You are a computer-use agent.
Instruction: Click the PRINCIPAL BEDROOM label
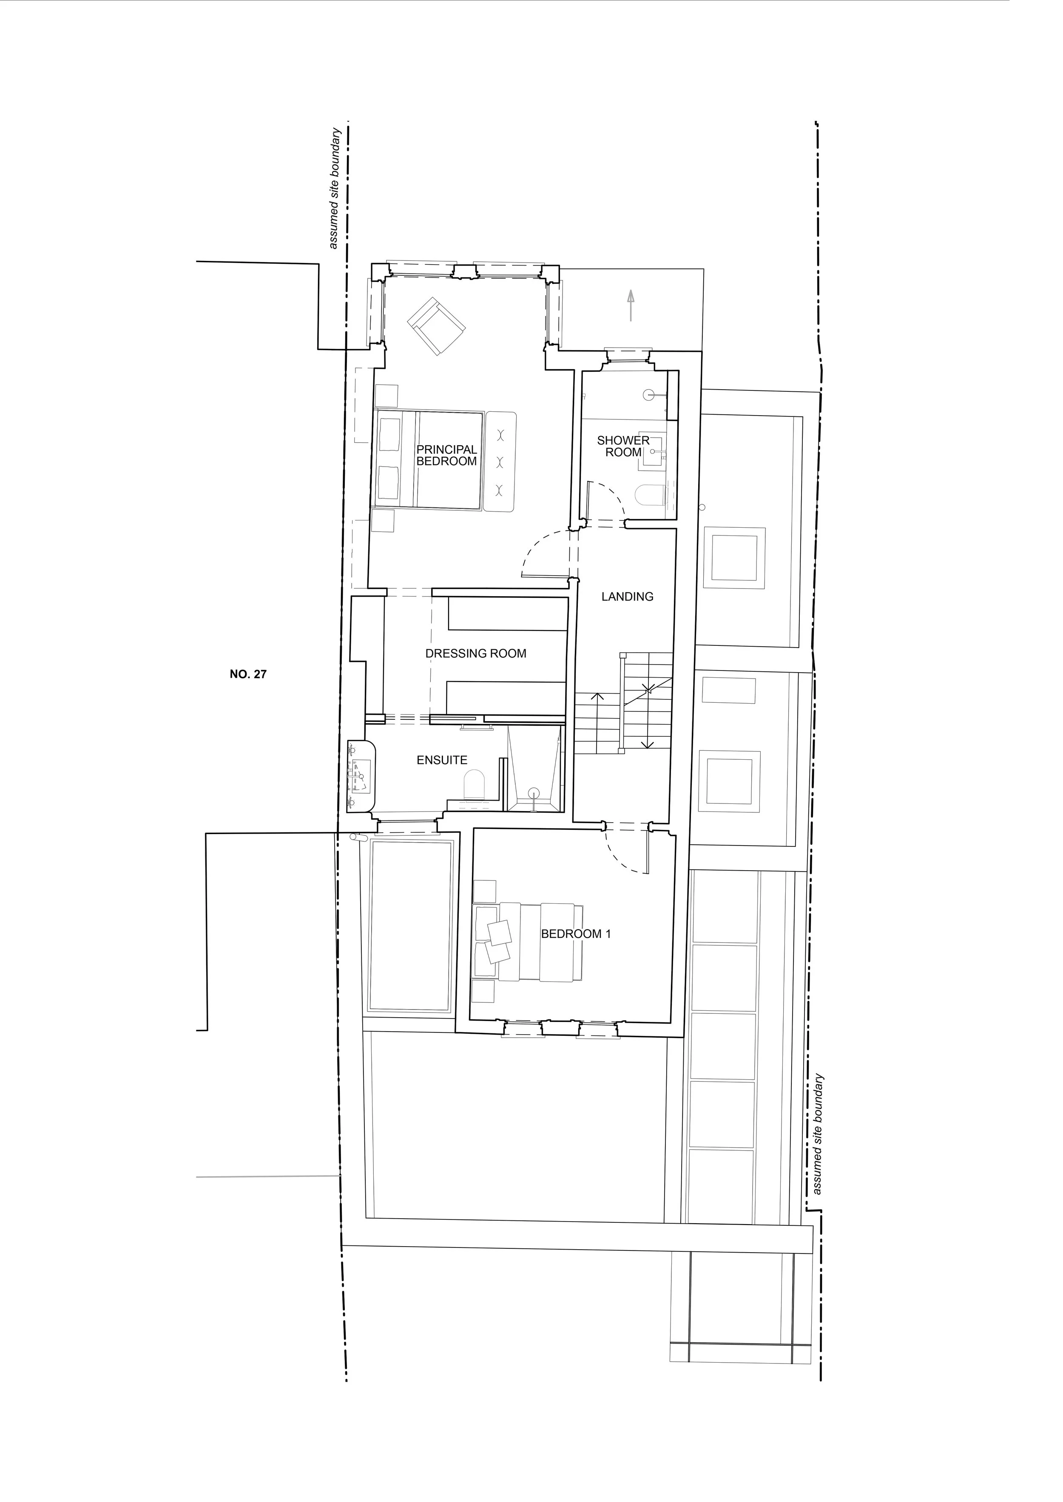click(446, 455)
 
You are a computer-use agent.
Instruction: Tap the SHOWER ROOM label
click(623, 446)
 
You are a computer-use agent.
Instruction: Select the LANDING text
click(627, 597)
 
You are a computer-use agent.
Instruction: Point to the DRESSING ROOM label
click(476, 653)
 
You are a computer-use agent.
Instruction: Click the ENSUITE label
click(442, 760)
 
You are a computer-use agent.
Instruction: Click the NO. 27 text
click(248, 674)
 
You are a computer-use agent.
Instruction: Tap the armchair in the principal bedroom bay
click(436, 326)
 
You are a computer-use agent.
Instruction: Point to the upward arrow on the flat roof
click(630, 305)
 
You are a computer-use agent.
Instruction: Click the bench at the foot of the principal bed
click(501, 461)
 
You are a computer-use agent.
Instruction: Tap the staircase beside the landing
click(624, 704)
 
